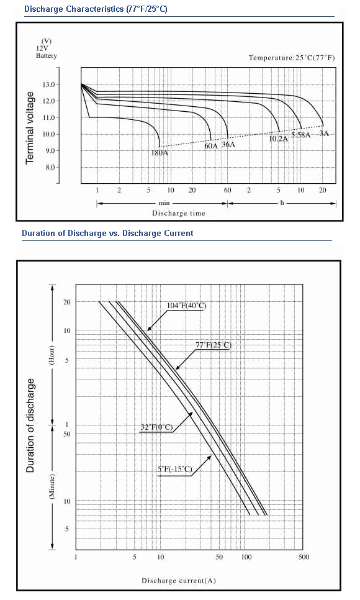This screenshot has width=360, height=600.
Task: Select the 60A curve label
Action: click(211, 146)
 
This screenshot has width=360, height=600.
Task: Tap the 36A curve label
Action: click(228, 145)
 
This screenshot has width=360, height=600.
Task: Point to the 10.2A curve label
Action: click(279, 139)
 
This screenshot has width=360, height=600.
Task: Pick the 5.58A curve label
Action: click(301, 135)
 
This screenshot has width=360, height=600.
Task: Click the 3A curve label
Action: click(324, 134)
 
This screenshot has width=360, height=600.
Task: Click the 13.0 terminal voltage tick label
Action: click(50, 84)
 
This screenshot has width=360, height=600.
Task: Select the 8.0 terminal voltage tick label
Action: click(50, 167)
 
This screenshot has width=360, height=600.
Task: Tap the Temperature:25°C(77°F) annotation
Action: click(292, 58)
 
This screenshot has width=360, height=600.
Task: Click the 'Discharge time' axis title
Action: click(179, 213)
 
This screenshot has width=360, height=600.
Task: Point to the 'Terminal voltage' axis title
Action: click(30, 128)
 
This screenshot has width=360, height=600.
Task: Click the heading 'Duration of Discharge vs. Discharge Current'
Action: click(107, 233)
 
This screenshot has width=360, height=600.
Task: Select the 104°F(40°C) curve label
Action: click(186, 306)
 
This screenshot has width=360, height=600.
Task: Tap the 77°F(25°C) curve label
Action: click(214, 345)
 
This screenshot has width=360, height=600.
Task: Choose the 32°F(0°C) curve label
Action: click(157, 427)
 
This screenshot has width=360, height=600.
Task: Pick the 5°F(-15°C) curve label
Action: click(175, 469)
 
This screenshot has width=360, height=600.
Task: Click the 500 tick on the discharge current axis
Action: click(304, 557)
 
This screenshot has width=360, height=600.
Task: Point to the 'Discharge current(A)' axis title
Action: click(179, 581)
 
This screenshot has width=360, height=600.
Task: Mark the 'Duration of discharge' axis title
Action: click(30, 425)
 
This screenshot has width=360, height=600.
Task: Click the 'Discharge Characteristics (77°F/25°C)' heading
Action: click(96, 9)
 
